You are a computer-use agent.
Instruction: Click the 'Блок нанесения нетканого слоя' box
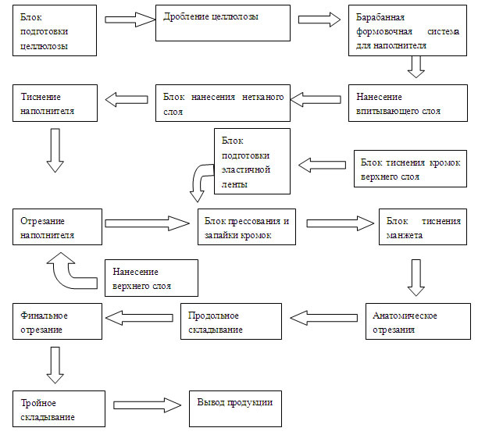(222, 103)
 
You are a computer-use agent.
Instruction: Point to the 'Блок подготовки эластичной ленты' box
(251, 161)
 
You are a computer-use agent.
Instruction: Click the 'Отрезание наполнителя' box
(59, 226)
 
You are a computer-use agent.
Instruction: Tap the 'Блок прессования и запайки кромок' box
(247, 226)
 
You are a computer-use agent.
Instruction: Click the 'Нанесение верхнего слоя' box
(150, 277)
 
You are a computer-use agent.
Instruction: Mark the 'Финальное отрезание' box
(59, 322)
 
